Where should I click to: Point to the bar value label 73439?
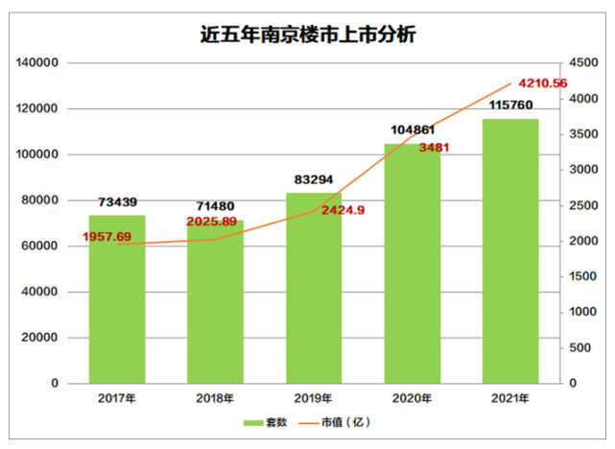click(x=118, y=202)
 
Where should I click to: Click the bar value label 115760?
click(x=511, y=105)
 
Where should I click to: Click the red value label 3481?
click(x=434, y=148)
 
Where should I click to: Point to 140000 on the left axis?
click(x=38, y=63)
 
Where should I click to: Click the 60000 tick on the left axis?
click(x=42, y=247)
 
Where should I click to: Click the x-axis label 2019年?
click(x=313, y=398)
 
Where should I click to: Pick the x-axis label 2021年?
click(x=510, y=398)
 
